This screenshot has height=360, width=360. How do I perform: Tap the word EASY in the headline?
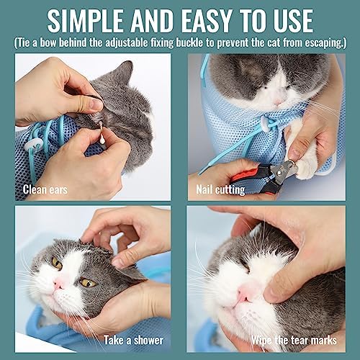[207, 20]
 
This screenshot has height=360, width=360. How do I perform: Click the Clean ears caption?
[45, 189]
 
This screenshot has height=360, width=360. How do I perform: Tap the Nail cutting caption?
[220, 190]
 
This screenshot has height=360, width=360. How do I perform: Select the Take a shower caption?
[133, 340]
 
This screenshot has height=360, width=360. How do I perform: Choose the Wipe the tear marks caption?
[294, 340]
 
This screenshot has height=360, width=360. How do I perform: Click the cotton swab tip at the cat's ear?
[102, 141]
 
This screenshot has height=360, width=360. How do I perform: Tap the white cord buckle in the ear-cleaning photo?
[34, 145]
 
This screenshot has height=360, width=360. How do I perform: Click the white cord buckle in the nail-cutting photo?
[266, 124]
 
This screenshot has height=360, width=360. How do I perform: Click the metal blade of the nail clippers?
[289, 168]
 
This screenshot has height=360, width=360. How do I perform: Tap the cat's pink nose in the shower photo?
[58, 284]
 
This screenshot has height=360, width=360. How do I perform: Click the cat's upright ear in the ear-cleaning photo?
[125, 73]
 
